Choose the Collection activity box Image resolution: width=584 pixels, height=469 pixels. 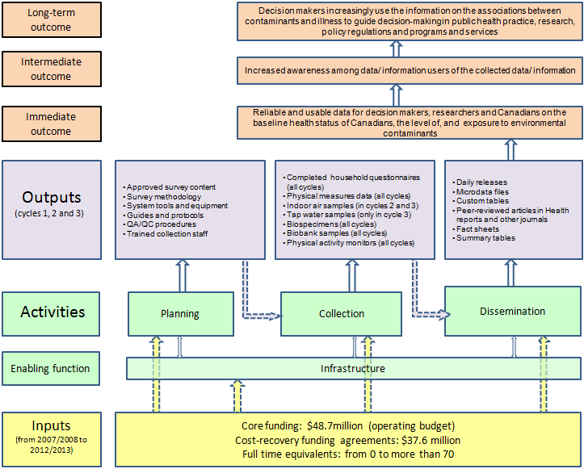point(341,313)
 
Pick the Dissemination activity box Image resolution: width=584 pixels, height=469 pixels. point(512,312)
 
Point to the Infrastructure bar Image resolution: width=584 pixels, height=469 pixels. point(352,368)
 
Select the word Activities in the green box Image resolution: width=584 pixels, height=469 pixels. point(53,312)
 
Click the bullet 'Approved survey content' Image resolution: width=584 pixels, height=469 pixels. point(171,187)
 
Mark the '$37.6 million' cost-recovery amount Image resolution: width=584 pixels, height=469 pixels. point(427,440)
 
